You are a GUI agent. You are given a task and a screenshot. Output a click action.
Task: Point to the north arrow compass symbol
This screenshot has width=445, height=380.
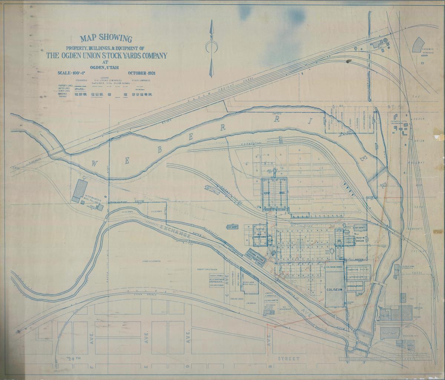tap(212, 46)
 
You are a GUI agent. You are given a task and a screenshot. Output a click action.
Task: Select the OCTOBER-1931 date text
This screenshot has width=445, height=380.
tap(142, 73)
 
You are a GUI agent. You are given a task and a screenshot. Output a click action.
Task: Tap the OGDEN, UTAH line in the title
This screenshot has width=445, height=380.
tap(106, 68)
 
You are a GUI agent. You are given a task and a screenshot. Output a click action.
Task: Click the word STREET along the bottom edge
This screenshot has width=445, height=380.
tap(289, 359)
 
